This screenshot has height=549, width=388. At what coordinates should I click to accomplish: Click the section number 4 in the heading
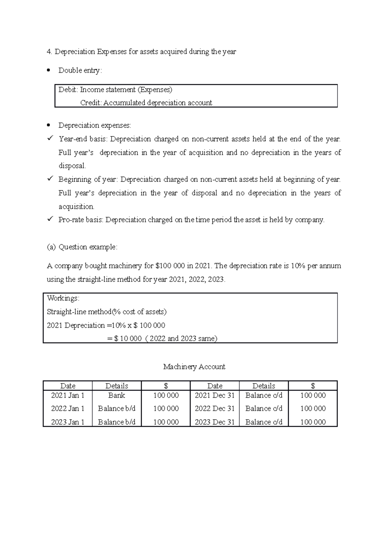[49, 52]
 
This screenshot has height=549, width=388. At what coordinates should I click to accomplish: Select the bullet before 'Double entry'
[49, 70]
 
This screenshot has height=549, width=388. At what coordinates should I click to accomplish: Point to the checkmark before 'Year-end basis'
[50, 139]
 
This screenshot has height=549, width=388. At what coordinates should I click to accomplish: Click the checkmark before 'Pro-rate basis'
[50, 220]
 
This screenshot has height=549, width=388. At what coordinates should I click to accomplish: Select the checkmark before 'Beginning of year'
[50, 179]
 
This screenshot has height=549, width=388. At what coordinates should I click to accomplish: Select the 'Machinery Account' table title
[194, 367]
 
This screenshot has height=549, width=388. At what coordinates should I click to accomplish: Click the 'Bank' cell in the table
[117, 395]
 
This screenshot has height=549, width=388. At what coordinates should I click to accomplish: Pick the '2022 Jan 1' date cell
[68, 409]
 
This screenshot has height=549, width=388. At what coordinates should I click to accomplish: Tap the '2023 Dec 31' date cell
[215, 422]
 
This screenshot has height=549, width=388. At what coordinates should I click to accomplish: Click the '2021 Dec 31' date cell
[215, 395]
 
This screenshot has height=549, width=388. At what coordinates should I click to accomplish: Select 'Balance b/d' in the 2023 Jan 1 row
[117, 422]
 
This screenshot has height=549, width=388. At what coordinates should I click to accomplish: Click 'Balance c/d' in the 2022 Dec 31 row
[264, 409]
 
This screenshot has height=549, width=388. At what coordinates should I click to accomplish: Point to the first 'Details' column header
[117, 386]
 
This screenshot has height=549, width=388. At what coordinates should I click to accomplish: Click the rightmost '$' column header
[313, 386]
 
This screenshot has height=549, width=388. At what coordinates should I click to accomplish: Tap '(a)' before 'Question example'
[51, 247]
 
